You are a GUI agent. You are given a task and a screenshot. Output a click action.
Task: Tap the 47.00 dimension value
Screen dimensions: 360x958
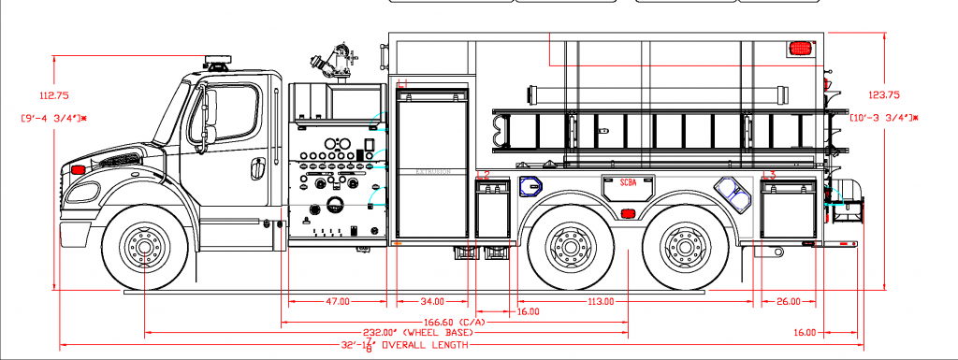pos(338,301)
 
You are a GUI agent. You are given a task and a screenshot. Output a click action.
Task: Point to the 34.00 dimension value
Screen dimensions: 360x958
pos(431,301)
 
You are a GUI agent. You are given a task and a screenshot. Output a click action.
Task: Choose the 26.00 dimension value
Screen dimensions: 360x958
pos(789,301)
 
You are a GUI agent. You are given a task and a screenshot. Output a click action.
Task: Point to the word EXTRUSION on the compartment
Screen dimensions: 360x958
pos(432,172)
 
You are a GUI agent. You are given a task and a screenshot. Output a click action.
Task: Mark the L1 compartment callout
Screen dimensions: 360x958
pos(403,84)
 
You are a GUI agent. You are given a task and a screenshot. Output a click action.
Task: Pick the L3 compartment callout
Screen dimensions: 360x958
pos(769,175)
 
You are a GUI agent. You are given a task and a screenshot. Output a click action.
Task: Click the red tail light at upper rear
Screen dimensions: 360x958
pos(800,46)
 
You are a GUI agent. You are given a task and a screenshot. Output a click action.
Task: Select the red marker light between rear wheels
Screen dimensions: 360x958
pos(625,214)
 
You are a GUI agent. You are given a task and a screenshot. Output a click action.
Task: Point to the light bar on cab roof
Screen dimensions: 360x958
pos(218,64)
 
